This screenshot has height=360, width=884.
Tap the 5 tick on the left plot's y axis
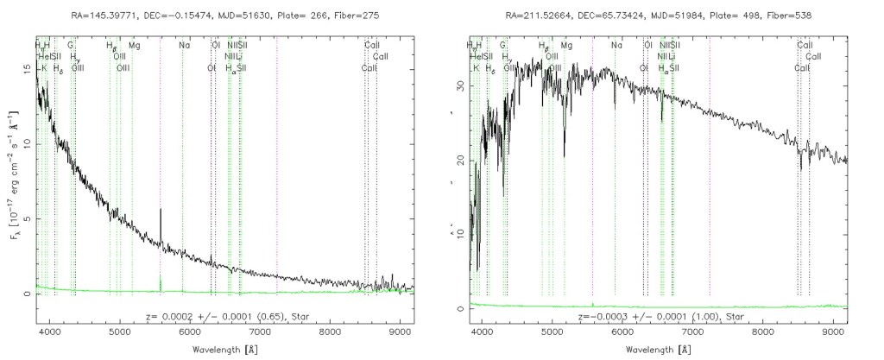pos(28,219)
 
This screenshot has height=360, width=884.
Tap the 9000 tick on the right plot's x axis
pos(833,330)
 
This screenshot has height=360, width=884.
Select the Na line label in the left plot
pos(184,45)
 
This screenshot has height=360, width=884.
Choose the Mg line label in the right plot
pos(565,45)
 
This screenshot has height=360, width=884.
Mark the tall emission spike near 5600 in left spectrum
pos(161,212)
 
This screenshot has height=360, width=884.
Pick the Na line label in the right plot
pos(616,45)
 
